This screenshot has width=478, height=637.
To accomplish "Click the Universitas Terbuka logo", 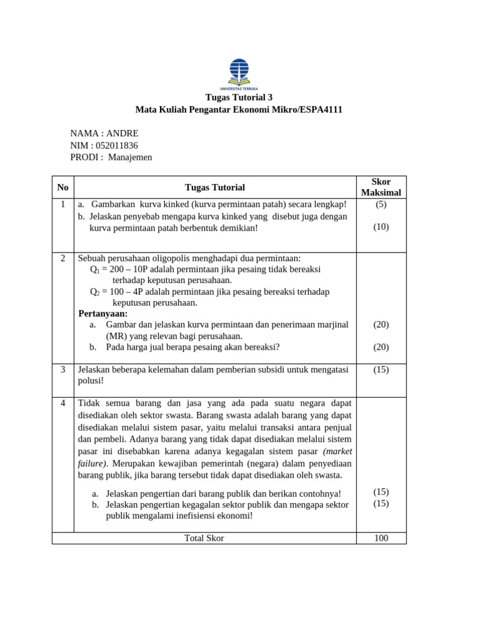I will click(x=239, y=73).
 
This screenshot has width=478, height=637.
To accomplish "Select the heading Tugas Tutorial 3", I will click(x=239, y=98).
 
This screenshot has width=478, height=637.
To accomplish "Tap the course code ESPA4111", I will click(x=320, y=110).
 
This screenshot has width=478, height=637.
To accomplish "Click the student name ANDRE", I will click(x=122, y=134).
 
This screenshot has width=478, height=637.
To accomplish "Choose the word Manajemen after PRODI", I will click(x=130, y=157).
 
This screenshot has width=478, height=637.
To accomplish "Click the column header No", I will click(x=63, y=187).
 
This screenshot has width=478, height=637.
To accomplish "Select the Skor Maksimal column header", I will click(x=381, y=187).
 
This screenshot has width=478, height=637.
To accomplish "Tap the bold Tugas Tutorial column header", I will click(x=215, y=187).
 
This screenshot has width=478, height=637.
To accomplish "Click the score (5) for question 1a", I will click(x=381, y=204).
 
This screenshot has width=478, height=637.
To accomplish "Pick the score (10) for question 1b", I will click(x=381, y=227).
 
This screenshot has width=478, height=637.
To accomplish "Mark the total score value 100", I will click(x=381, y=538).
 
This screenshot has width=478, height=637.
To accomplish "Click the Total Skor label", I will click(x=204, y=538).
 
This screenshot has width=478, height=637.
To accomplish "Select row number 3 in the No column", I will click(x=63, y=370).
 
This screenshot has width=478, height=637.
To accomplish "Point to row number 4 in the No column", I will click(x=63, y=403).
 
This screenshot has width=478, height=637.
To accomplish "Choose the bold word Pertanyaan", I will click(x=103, y=314).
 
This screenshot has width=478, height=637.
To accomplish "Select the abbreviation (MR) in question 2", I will click(x=116, y=336).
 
